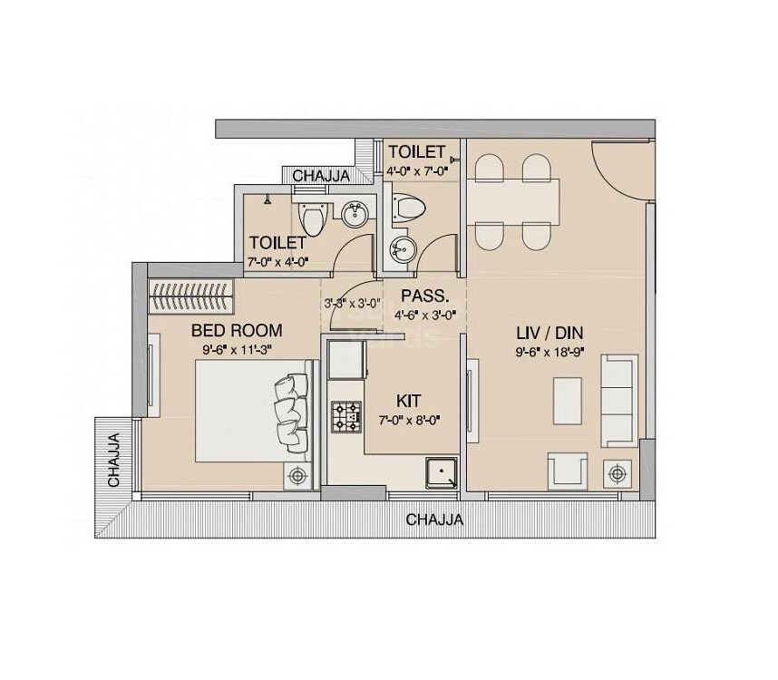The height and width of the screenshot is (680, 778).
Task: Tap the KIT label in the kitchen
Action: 408,400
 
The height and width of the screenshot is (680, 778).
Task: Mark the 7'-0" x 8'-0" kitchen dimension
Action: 409,420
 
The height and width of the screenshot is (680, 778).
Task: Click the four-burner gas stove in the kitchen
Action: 345,414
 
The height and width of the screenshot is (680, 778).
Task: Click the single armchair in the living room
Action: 567,471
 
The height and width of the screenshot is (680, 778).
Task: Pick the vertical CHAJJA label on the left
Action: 114,461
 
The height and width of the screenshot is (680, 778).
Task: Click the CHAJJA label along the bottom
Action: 434,520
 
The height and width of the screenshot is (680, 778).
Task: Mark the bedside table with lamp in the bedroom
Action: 297,474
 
